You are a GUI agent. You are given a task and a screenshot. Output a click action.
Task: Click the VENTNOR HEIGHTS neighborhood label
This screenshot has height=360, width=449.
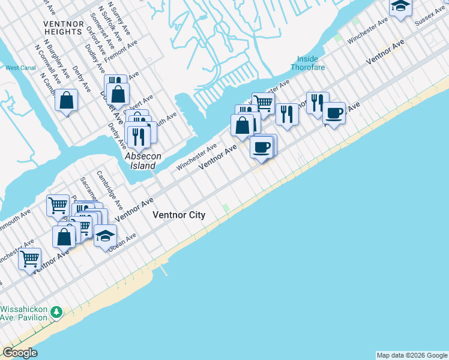(x=63, y=28)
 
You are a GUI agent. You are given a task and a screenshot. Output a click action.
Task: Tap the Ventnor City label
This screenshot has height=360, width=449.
(x=179, y=215)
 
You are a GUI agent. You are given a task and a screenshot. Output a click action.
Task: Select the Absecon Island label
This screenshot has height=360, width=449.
(x=143, y=160)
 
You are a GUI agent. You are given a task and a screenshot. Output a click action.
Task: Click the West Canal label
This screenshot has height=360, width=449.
(x=20, y=68)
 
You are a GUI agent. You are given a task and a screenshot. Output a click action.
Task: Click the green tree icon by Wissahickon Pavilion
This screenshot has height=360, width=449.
(x=56, y=312)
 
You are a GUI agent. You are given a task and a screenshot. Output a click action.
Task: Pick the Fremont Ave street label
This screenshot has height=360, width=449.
(x=122, y=53)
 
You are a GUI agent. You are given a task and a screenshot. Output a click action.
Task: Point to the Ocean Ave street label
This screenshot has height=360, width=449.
(x=122, y=242)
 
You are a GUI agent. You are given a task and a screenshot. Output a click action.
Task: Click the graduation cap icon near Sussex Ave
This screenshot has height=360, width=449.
(x=400, y=7)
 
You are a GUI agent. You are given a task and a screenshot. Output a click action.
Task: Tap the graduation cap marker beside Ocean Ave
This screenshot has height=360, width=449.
(x=105, y=235)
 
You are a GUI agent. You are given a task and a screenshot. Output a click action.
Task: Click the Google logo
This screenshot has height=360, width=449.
(x=20, y=353)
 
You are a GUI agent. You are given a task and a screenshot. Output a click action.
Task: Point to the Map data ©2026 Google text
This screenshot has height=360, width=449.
(x=412, y=355)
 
